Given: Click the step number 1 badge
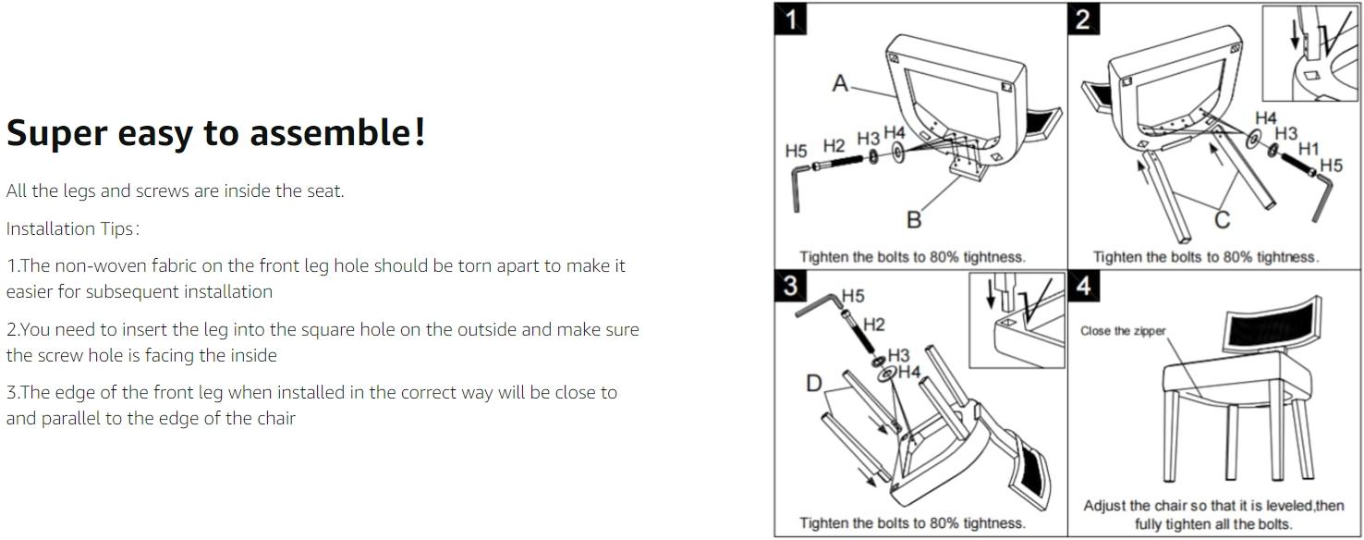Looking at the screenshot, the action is (x=790, y=18).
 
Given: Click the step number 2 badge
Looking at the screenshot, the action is (x=1083, y=18).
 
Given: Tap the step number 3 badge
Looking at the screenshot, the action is (x=790, y=285).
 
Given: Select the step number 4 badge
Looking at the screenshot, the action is (x=1083, y=285).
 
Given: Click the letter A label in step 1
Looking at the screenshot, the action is (x=840, y=83).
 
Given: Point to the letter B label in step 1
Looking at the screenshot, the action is (x=914, y=219).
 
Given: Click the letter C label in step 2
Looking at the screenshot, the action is (x=1222, y=219).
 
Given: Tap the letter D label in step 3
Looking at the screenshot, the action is (x=814, y=384).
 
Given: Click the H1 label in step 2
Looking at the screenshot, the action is (x=1309, y=148).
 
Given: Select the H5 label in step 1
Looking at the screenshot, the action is (x=796, y=151).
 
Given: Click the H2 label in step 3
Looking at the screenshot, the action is (x=874, y=325).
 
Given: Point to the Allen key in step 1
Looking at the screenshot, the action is (x=798, y=188).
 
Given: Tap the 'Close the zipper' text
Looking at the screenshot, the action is (x=1123, y=331).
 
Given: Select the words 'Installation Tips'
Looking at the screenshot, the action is (x=69, y=228).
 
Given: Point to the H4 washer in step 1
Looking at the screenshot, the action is (x=898, y=152).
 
